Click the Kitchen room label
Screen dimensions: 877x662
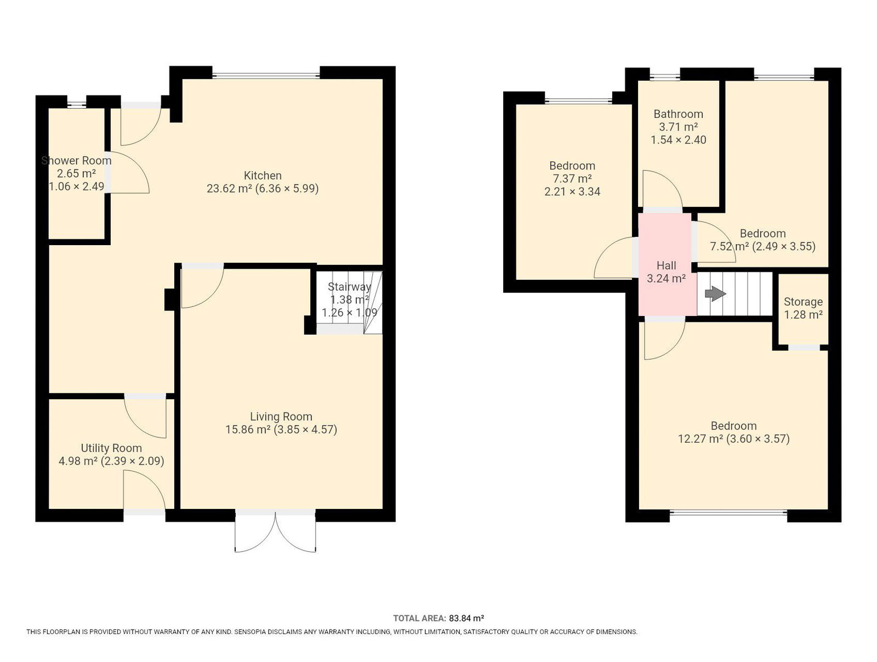coord(263,176)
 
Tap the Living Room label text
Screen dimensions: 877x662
coord(281,416)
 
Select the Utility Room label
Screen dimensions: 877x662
coord(111,448)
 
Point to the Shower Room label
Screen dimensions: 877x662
coord(76,161)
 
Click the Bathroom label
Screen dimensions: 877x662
coord(678,114)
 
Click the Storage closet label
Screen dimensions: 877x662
coord(803,302)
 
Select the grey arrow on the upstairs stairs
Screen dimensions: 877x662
coord(715,294)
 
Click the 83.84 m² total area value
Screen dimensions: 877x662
coord(466,619)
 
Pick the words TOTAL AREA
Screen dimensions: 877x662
coord(419,619)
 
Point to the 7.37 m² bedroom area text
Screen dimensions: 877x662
coord(572,179)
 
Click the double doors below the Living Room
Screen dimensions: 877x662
coord(275,531)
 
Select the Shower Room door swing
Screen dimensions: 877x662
coord(128,173)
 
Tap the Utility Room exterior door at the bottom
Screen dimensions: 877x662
coord(144,491)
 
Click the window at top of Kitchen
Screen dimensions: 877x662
coord(266,75)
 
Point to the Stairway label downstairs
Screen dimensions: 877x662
coord(349,287)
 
